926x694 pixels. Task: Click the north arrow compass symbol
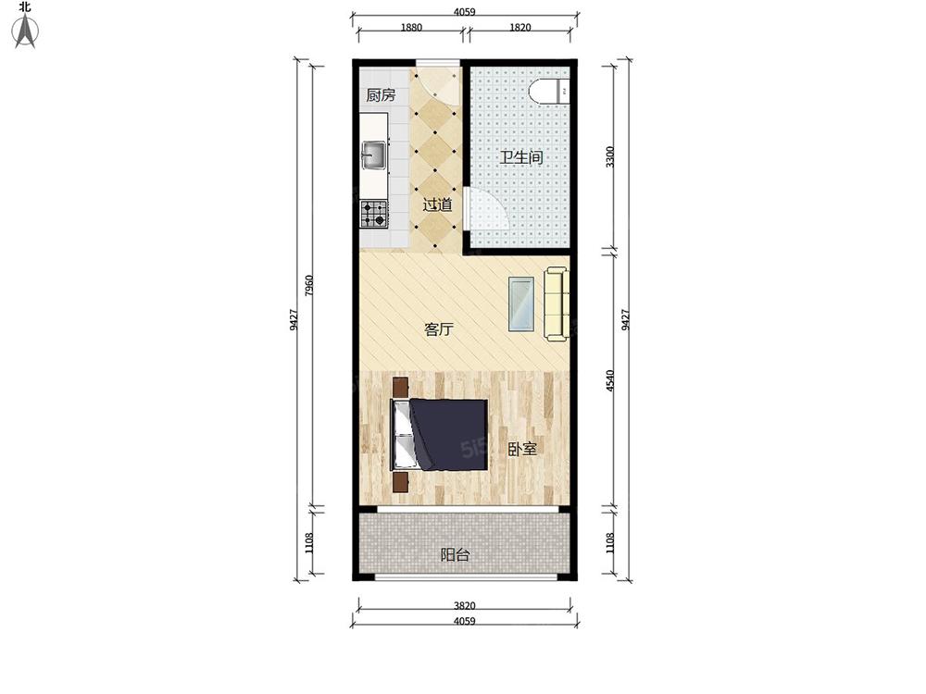click(25, 31)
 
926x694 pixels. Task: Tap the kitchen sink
click(374, 155)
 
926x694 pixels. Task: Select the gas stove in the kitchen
click(374, 215)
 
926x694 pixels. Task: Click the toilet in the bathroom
click(548, 92)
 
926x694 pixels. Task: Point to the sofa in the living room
click(557, 304)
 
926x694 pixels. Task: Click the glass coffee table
click(522, 304)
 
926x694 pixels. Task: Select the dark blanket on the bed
click(449, 435)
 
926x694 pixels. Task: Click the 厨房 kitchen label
click(381, 95)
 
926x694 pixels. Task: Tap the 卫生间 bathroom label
click(521, 157)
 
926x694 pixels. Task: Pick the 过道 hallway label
click(437, 204)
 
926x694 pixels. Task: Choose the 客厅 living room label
click(439, 328)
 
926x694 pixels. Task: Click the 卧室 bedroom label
click(522, 449)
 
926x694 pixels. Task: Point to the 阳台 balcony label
click(456, 554)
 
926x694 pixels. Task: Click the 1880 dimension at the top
click(411, 27)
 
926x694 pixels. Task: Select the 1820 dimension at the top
click(519, 27)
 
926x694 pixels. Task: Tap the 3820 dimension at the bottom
click(465, 605)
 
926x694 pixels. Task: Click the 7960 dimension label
click(309, 286)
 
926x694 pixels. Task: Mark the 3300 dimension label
click(610, 157)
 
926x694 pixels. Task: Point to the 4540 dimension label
click(610, 380)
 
